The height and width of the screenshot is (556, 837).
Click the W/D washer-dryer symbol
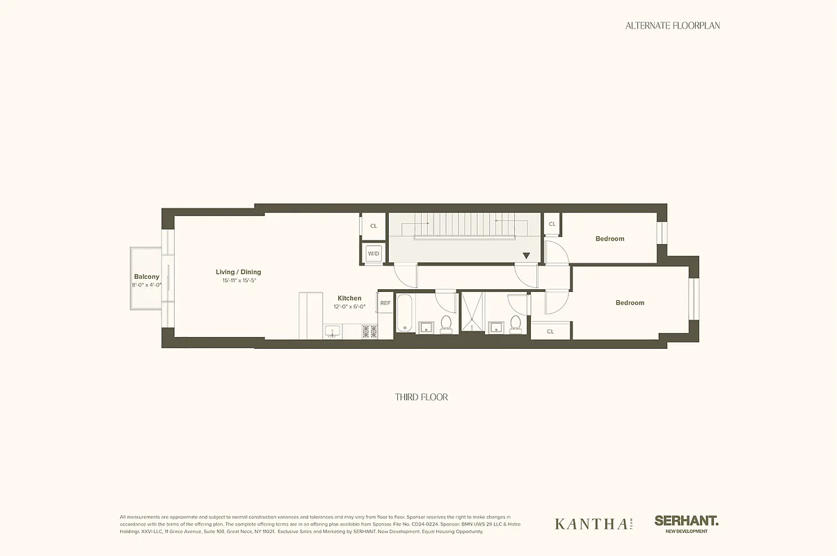(x=374, y=253)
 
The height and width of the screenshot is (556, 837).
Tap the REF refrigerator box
(x=385, y=303)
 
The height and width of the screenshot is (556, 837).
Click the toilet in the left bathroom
(x=446, y=324)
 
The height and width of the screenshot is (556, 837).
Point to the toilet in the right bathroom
(x=515, y=324)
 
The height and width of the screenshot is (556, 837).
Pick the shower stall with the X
(x=472, y=313)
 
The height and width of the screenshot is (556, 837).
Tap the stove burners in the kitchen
(x=369, y=332)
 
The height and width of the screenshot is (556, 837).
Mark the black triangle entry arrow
(x=526, y=256)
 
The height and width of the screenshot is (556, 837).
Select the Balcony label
(x=146, y=277)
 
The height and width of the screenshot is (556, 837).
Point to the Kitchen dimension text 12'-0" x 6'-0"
(x=349, y=306)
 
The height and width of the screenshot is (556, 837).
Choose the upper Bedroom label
(x=609, y=238)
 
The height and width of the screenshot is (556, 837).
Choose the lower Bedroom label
(x=630, y=302)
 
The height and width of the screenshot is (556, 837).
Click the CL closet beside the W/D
(x=374, y=226)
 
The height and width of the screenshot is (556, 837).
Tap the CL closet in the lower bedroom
(x=550, y=332)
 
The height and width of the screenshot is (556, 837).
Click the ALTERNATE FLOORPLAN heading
(x=672, y=25)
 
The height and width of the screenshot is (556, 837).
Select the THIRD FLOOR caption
(x=421, y=397)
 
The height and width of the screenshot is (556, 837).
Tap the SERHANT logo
(x=686, y=521)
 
